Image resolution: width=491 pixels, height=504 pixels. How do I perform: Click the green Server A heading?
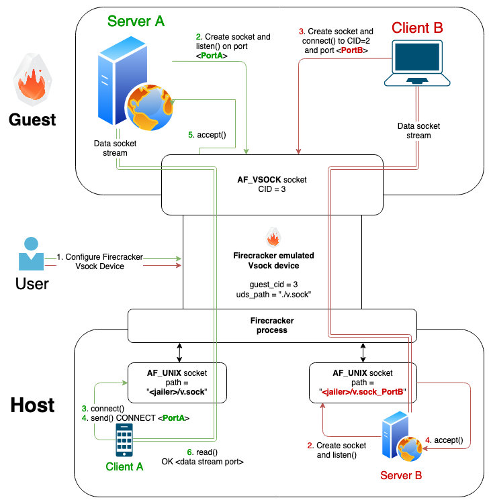pyautogui.click(x=136, y=21)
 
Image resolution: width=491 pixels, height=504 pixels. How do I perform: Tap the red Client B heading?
pyautogui.click(x=417, y=28)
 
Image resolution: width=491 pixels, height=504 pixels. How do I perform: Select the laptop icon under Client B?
pyautogui.click(x=416, y=66)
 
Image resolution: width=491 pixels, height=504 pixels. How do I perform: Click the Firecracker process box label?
pyautogui.click(x=272, y=325)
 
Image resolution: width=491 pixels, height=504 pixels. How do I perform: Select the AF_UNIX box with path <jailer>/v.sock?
pyautogui.click(x=177, y=383)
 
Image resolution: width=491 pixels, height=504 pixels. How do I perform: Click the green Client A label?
pyautogui.click(x=124, y=466)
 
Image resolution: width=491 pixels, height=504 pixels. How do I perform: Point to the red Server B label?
pyautogui.click(x=401, y=476)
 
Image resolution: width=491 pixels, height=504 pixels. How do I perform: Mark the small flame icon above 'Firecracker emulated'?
pyautogui.click(x=273, y=238)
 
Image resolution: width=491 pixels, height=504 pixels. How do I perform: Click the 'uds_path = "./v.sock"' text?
pyautogui.click(x=272, y=295)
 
